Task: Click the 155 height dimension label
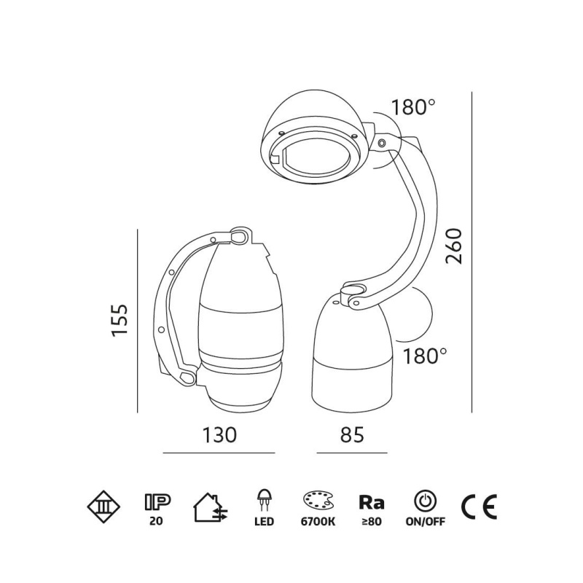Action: (x=120, y=321)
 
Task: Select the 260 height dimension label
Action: (x=453, y=246)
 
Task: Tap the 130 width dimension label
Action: (x=219, y=434)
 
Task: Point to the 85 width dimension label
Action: (x=352, y=434)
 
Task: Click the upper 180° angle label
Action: (x=412, y=107)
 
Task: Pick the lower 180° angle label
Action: (x=425, y=356)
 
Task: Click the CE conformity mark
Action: (x=480, y=507)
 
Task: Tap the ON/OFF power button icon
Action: (x=426, y=502)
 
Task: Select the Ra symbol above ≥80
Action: (x=372, y=502)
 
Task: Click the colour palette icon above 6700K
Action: (x=318, y=502)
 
